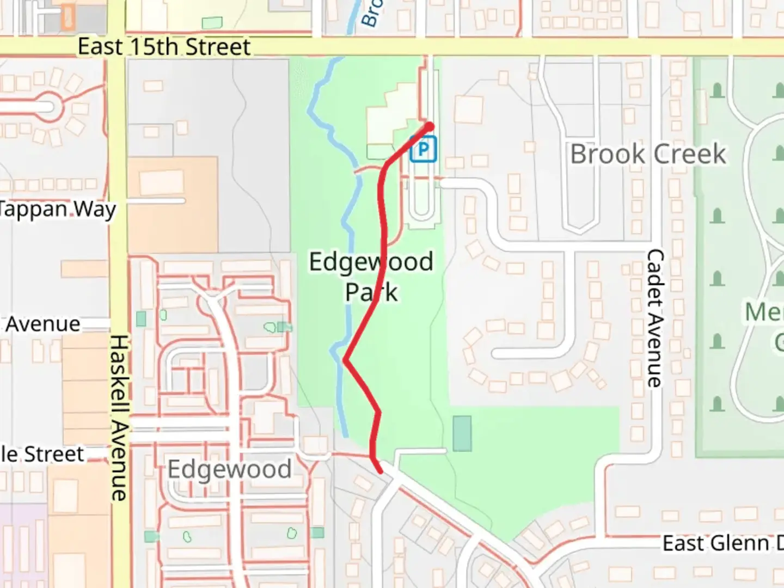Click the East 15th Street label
tap(164, 47)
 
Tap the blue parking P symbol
tap(423, 149)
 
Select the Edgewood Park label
tap(371, 277)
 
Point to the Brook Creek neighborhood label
tap(648, 154)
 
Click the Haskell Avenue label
tap(119, 418)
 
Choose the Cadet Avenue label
tap(655, 318)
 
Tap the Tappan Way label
tap(57, 209)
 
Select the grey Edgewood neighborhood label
tap(229, 469)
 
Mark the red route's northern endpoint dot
tap(429, 127)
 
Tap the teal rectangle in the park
tap(462, 433)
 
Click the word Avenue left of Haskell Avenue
tap(43, 324)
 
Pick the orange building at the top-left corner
tap(68, 16)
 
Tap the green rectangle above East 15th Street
tap(212, 23)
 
